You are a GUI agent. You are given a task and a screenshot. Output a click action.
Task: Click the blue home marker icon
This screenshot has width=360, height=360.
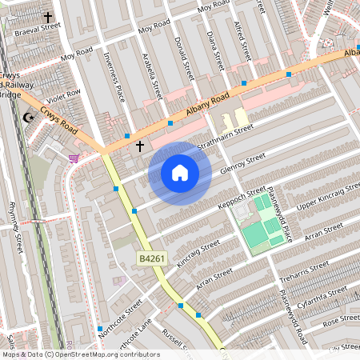180,173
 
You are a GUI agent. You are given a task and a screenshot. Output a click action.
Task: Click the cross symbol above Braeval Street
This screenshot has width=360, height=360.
48,16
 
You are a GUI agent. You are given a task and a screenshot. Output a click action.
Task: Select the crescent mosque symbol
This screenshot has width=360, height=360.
30,118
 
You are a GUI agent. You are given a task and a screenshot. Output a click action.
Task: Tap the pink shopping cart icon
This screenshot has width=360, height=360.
74,158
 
